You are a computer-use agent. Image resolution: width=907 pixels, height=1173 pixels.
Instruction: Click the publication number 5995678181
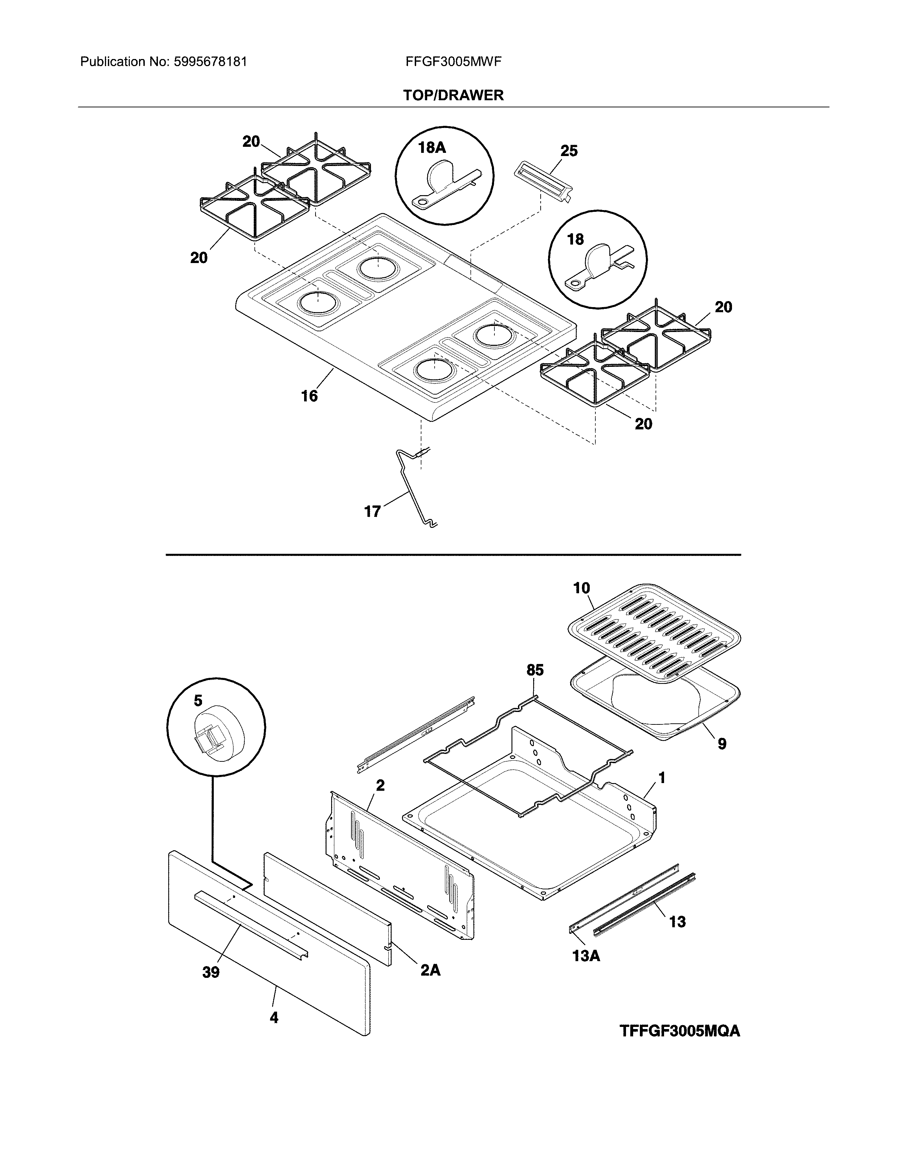[x=210, y=62]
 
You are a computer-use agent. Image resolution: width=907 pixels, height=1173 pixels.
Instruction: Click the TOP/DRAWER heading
[x=454, y=96]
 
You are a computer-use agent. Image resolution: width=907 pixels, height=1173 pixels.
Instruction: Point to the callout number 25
[x=569, y=151]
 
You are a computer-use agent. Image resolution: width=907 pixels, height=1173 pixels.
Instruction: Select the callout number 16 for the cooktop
[x=309, y=396]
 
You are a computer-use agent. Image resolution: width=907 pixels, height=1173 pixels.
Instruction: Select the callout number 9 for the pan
[x=722, y=744]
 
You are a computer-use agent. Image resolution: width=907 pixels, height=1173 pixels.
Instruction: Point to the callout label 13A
[x=586, y=956]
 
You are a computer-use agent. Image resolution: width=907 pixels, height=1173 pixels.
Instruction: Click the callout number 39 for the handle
[x=211, y=972]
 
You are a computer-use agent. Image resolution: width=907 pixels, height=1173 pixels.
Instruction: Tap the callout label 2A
[x=430, y=970]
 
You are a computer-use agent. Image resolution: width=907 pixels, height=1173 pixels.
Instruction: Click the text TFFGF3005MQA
[x=680, y=1031]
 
